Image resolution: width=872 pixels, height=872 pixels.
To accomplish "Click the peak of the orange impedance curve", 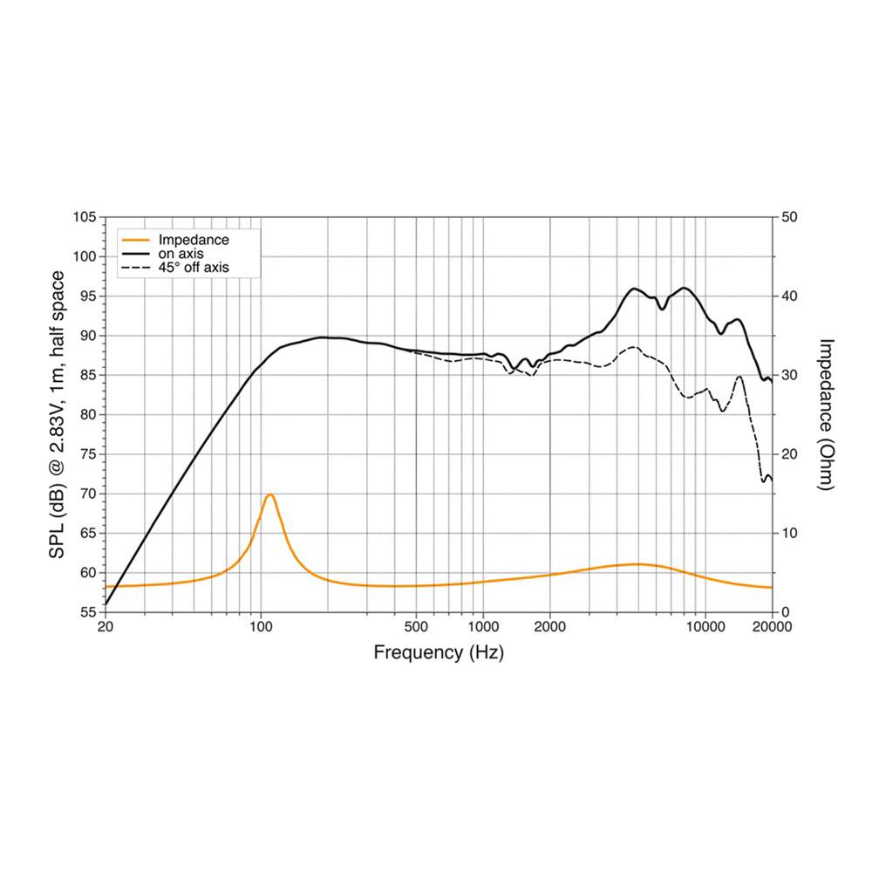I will (269, 495).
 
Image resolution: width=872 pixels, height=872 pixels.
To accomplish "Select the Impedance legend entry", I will (193, 240).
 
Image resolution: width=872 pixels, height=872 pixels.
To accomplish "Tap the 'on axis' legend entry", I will (181, 254).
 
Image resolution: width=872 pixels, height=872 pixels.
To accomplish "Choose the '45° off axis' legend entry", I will (193, 268).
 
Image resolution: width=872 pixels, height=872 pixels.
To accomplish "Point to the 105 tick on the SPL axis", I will (85, 216).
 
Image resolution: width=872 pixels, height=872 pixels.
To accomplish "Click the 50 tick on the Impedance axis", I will (789, 216).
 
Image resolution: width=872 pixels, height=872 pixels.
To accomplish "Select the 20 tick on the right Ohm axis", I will (789, 454).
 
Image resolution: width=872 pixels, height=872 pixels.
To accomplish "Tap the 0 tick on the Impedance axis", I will (786, 612).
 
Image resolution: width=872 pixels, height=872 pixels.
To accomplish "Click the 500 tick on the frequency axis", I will (416, 626).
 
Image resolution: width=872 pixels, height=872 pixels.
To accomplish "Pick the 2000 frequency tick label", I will (549, 626).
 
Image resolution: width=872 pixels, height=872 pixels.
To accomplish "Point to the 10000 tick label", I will (705, 626).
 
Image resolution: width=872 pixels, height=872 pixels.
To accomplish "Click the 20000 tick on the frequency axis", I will (772, 626).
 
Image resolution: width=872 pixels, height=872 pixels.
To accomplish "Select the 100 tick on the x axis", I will (260, 626).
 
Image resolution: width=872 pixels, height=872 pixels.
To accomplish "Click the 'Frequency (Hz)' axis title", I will (438, 651).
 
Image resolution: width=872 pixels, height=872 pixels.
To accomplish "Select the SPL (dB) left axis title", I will (58, 414).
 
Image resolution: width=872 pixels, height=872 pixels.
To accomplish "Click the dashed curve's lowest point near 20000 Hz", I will (765, 480).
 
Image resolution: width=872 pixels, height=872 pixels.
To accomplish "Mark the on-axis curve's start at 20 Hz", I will (106, 603).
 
